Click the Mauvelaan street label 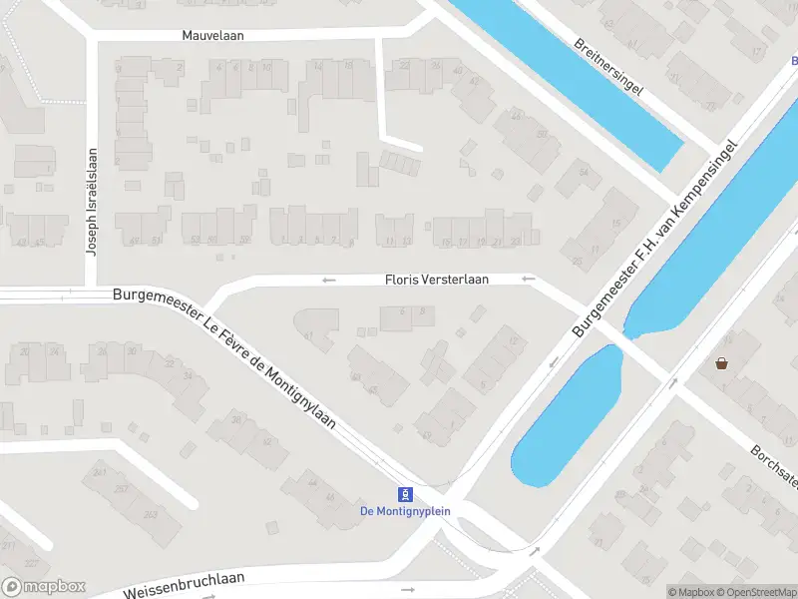click(212, 35)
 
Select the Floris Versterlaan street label click(437, 280)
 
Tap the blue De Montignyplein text click(406, 511)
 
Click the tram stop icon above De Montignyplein click(406, 494)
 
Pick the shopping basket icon click(720, 363)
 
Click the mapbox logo click(43, 587)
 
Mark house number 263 click(151, 514)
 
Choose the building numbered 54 click(585, 172)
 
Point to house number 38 click(236, 419)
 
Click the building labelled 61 click(309, 335)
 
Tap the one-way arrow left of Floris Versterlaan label click(329, 280)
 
